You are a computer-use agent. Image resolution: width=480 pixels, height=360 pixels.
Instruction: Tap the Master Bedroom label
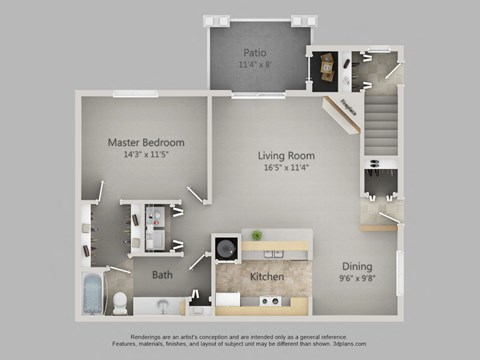[146, 143]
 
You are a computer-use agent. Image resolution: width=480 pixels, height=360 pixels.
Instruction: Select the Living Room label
[287, 156]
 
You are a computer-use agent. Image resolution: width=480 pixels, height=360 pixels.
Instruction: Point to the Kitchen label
[266, 276]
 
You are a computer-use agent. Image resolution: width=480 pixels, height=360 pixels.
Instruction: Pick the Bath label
[163, 275]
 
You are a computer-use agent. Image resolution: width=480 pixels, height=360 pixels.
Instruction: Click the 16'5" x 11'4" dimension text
[287, 168]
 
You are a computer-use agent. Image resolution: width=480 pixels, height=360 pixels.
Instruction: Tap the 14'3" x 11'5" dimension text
[146, 155]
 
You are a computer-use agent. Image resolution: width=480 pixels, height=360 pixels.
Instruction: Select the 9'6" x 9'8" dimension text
[358, 279]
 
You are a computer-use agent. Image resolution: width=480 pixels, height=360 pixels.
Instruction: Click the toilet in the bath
[119, 301]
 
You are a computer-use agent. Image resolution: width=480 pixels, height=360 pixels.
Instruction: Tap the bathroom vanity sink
[163, 303]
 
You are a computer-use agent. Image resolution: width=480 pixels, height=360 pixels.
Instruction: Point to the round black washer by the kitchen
[225, 247]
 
